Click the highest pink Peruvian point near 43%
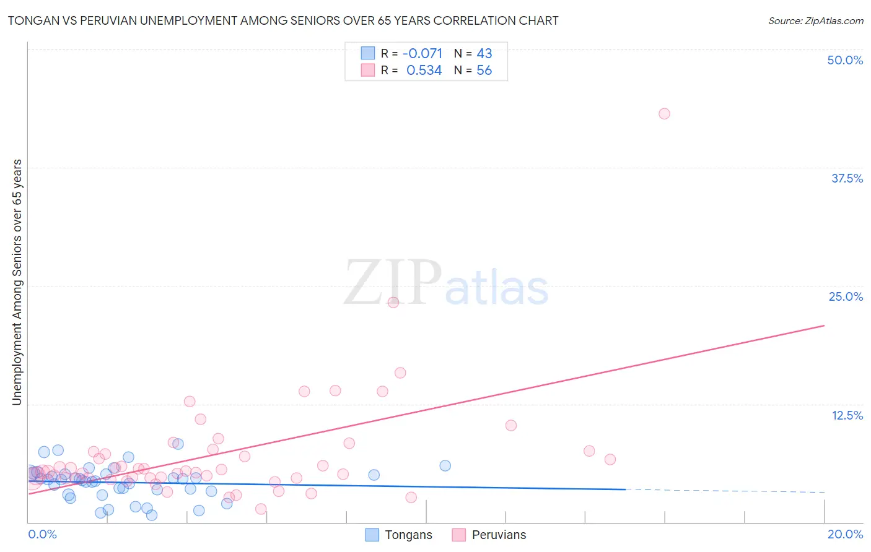664,113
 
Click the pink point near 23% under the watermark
393,302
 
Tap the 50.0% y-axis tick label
845,60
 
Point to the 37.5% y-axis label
847,178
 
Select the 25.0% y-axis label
846,296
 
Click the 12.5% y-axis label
847,415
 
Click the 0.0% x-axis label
42,534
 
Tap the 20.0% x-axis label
845,534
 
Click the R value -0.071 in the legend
422,53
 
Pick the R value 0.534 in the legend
424,70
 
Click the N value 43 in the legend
484,53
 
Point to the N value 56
484,70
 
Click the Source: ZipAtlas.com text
815,20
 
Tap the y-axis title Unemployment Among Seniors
17,282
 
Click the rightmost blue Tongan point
445,465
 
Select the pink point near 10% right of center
510,425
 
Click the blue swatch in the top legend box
368,53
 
